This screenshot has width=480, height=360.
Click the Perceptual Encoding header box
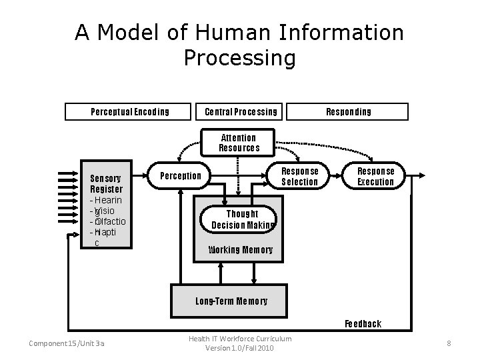pyautogui.click(x=130, y=111)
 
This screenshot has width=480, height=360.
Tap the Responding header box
pyautogui.click(x=348, y=111)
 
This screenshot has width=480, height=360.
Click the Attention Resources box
pyautogui.click(x=239, y=143)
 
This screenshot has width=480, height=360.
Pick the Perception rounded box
pyautogui.click(x=181, y=176)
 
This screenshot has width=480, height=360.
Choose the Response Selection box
pyautogui.click(x=299, y=176)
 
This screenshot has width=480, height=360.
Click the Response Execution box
pyautogui.click(x=375, y=176)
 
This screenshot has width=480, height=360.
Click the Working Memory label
pyautogui.click(x=241, y=250)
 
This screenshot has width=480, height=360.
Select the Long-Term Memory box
pyautogui.click(x=231, y=301)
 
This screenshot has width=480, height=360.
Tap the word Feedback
pyautogui.click(x=363, y=324)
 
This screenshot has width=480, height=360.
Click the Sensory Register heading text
pyautogui.click(x=106, y=183)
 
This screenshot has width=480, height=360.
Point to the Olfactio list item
pyautogui.click(x=109, y=221)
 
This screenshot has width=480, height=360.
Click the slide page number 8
pyautogui.click(x=449, y=343)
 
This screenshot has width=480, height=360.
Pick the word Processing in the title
pyautogui.click(x=239, y=58)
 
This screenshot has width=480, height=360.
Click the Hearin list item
pyautogui.click(x=107, y=200)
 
